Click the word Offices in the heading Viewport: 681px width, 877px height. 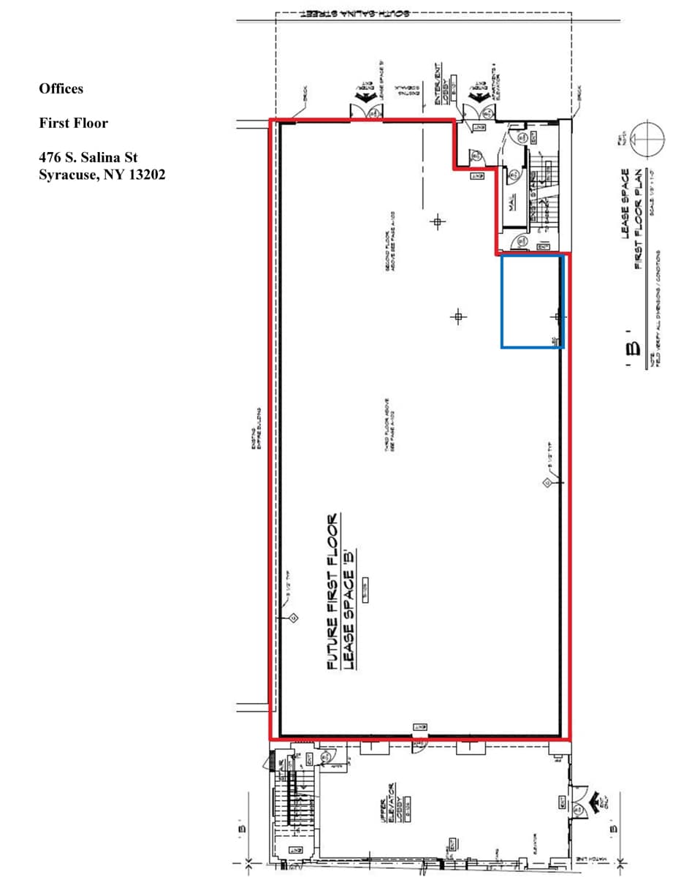pos(61,88)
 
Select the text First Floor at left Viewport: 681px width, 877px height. pos(73,123)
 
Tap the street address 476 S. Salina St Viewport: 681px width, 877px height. pos(88,157)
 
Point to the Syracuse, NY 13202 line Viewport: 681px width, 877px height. pos(102,175)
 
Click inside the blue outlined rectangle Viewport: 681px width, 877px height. pos(531,300)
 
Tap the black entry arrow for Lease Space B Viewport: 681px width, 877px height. pos(365,97)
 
